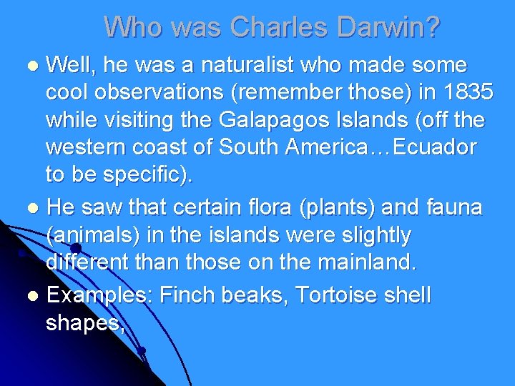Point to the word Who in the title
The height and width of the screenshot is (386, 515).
click(x=133, y=27)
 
